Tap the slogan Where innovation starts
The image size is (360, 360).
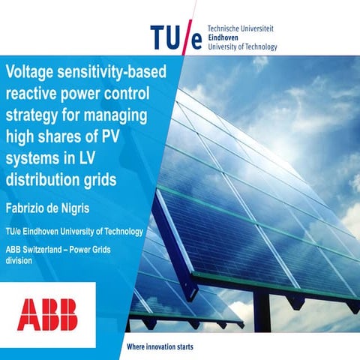click(160, 347)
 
